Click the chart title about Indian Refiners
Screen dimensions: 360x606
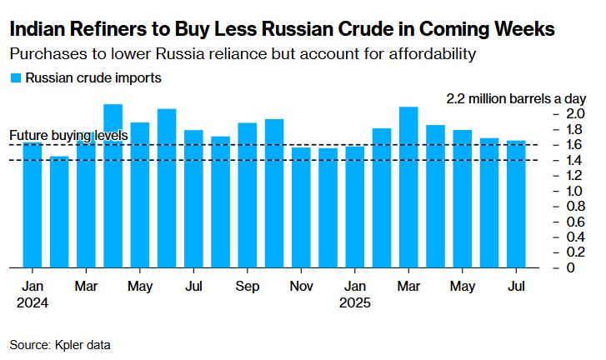(282, 30)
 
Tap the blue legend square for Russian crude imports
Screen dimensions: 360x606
(15, 79)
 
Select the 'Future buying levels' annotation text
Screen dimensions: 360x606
(68, 135)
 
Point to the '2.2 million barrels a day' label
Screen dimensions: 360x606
(516, 97)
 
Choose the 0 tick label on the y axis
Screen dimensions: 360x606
(569, 267)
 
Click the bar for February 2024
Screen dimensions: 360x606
(59, 212)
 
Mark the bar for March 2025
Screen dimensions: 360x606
(408, 187)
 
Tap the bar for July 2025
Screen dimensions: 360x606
(516, 203)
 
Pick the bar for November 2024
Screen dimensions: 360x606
(301, 207)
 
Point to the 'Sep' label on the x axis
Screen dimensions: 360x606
(247, 286)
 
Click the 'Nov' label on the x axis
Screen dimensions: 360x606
(301, 286)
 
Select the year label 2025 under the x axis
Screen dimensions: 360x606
(355, 302)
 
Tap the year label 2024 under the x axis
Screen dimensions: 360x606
(32, 302)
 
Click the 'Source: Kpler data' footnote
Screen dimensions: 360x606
(60, 343)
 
